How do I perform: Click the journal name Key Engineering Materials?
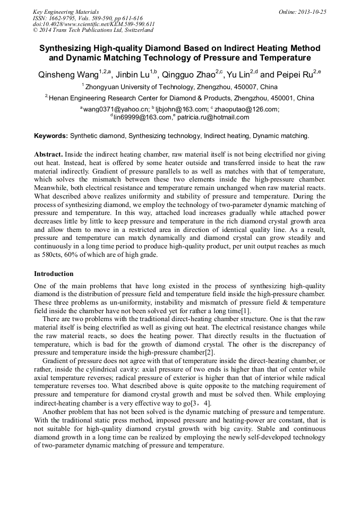(66, 12)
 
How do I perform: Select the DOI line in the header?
(93, 24)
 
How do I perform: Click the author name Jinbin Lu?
(134, 75)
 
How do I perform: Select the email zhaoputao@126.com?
(246, 109)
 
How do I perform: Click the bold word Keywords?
(50, 136)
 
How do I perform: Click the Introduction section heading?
(54, 274)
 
